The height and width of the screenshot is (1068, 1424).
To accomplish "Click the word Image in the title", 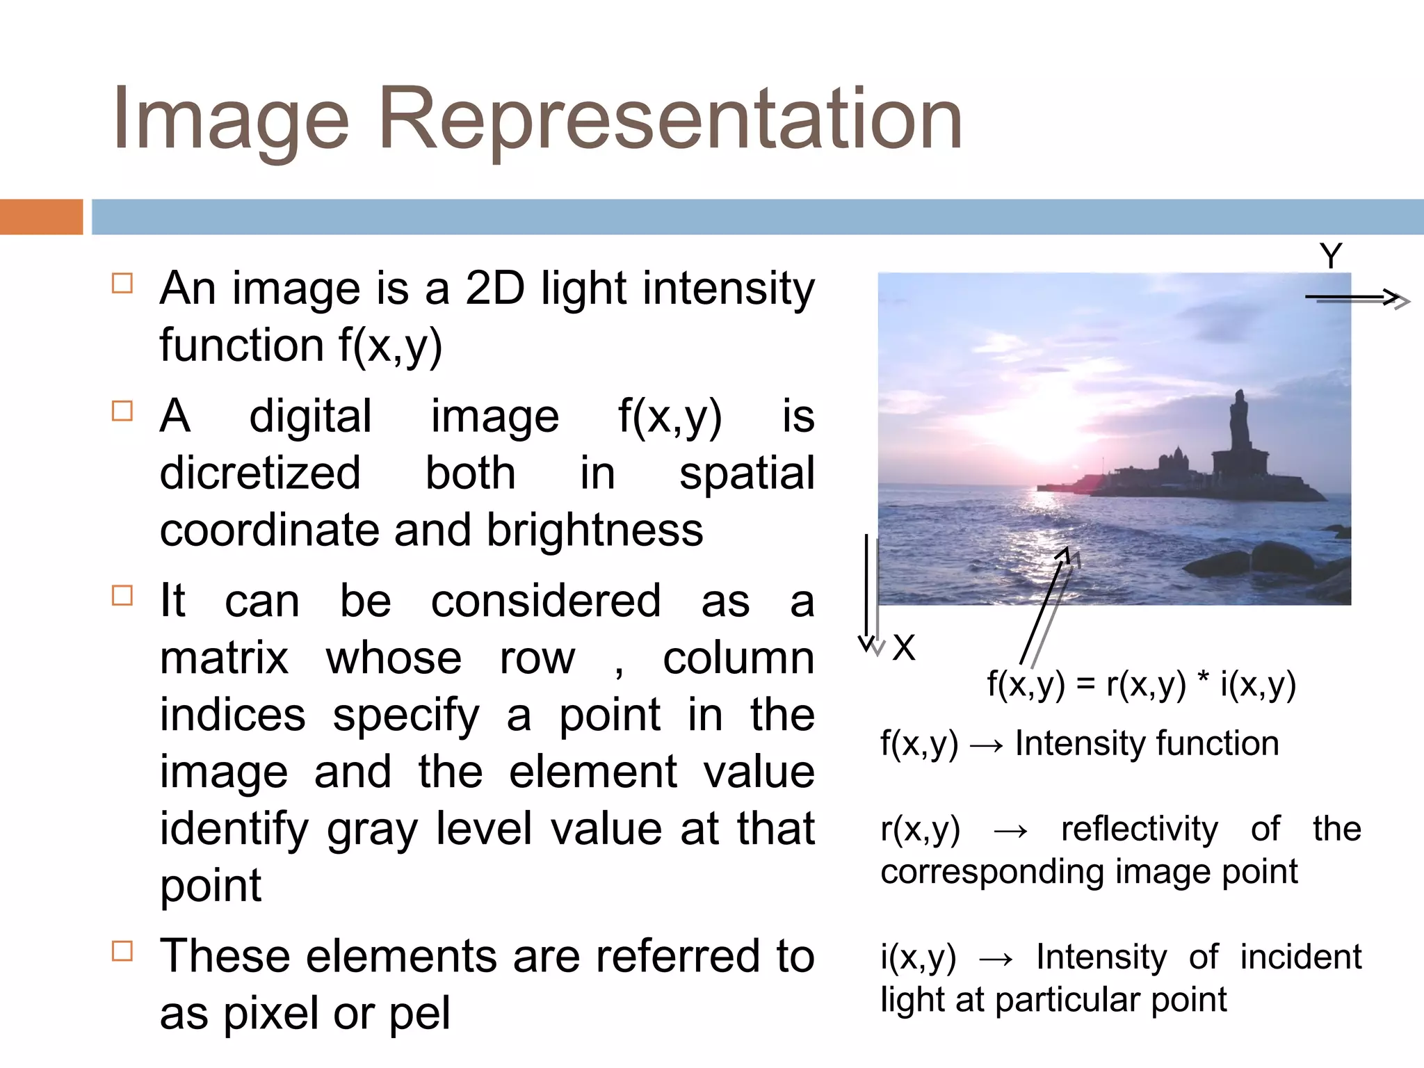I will tap(230, 120).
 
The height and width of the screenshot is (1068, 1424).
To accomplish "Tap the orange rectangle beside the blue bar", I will tap(41, 216).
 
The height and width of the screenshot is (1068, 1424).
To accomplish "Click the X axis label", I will tap(904, 648).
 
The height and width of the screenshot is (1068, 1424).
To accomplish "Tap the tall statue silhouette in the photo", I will tap(1238, 424).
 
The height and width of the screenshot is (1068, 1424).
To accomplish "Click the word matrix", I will tap(224, 658).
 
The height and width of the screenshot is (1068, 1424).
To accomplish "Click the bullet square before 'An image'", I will tap(122, 284).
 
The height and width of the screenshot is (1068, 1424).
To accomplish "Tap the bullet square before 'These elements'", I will tap(122, 950).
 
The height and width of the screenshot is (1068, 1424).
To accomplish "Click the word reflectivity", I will tap(1140, 829).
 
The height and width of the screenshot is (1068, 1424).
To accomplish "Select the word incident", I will tap(1300, 957).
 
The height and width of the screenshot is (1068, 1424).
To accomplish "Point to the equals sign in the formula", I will tap(1085, 685).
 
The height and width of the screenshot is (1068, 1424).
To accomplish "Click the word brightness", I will tap(594, 531).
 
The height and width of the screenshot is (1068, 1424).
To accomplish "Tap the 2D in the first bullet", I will tap(495, 289).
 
